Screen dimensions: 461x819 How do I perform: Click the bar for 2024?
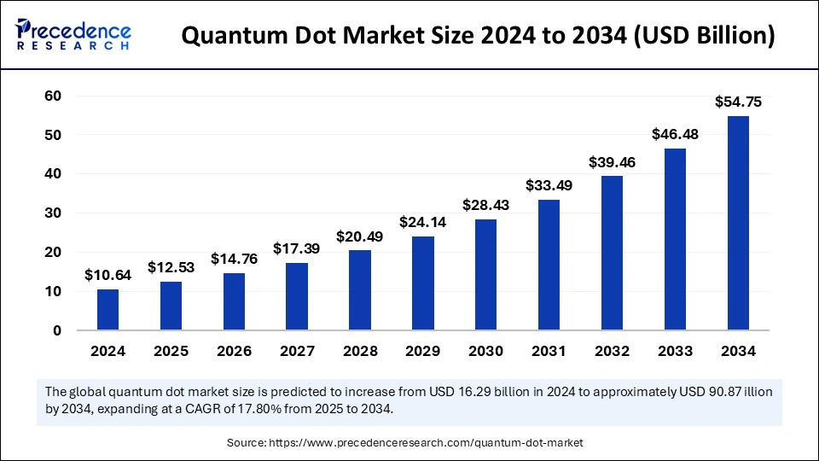(107, 310)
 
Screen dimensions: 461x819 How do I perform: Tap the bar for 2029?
(423, 283)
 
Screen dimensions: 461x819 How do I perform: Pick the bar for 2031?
(549, 266)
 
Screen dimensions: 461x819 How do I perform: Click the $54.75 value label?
(738, 102)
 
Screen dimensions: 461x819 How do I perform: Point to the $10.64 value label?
(107, 275)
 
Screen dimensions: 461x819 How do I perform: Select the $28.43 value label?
(485, 205)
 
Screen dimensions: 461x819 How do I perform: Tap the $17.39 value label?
(297, 248)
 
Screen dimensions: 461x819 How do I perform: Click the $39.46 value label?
(612, 162)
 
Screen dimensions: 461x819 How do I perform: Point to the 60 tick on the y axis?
(53, 96)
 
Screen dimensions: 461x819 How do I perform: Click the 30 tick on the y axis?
(53, 213)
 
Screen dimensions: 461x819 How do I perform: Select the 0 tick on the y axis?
(57, 330)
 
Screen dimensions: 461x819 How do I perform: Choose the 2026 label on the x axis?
(234, 351)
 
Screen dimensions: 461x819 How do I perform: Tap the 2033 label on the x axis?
(675, 351)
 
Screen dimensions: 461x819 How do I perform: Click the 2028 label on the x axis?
(360, 351)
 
